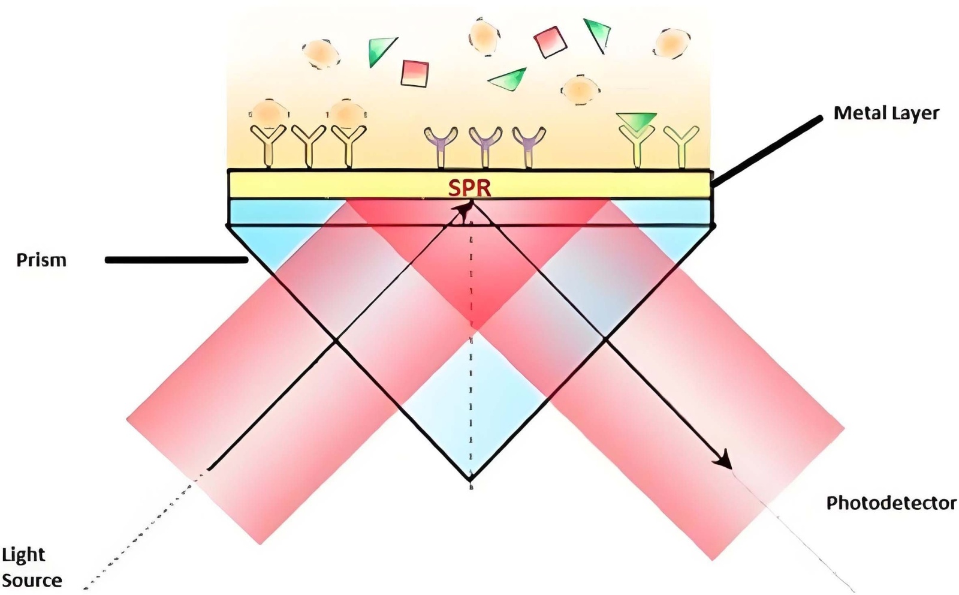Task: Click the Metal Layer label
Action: click(886, 113)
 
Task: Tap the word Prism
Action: click(41, 260)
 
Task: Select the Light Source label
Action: click(31, 567)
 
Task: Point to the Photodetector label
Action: click(891, 503)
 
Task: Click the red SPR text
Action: click(470, 188)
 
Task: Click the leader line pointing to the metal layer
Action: click(767, 150)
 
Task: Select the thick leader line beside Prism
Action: click(176, 260)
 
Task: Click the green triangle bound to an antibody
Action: click(637, 120)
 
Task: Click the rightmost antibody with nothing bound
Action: click(681, 146)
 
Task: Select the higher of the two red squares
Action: click(550, 41)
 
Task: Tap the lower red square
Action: click(415, 73)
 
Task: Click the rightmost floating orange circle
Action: click(672, 43)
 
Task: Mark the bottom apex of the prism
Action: click(471, 480)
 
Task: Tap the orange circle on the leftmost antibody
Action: click(268, 113)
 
